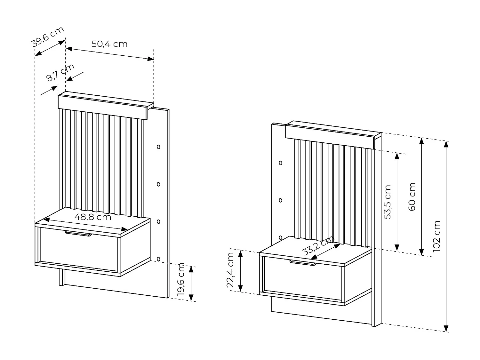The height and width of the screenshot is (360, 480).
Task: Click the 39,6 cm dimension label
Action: click(48, 37)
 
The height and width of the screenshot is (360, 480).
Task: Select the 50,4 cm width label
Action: click(109, 44)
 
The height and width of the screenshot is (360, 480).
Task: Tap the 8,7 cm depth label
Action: click(60, 73)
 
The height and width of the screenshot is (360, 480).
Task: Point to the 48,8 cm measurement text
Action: click(92, 217)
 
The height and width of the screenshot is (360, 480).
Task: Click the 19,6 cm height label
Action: click(181, 279)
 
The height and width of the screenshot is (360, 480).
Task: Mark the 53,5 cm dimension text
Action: click(388, 202)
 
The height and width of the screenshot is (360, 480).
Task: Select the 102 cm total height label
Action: click(436, 236)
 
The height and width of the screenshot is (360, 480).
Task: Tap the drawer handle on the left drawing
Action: click(78, 234)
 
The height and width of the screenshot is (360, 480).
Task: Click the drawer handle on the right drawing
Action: click(303, 263)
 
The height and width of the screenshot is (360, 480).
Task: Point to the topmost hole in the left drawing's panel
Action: click(158, 147)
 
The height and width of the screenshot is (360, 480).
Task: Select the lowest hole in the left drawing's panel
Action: click(158, 259)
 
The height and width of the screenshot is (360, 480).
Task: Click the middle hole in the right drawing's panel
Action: click(281, 200)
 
